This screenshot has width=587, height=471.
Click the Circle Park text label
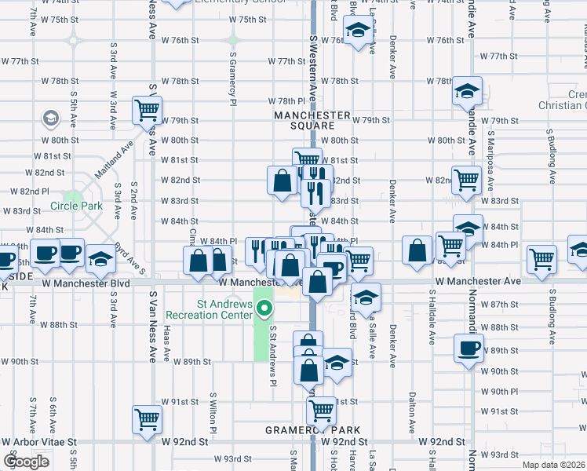click(77, 206)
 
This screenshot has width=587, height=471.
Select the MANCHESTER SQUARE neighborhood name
click(312, 120)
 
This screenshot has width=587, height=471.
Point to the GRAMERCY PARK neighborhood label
click(312, 430)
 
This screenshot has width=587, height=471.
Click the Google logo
click(26, 462)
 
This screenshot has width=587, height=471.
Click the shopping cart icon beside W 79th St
click(147, 110)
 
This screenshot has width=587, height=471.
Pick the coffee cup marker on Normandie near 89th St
click(469, 348)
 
